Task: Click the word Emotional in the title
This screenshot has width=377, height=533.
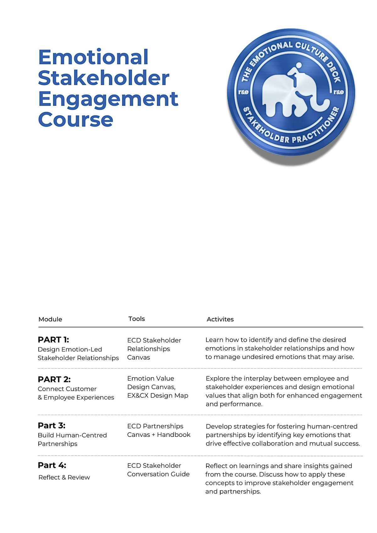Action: click(x=93, y=57)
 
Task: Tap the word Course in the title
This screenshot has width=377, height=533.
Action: click(x=75, y=119)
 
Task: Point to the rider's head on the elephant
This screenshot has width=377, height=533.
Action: click(x=298, y=65)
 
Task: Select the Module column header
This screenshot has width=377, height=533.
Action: click(x=50, y=319)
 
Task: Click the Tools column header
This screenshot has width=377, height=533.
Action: click(x=136, y=319)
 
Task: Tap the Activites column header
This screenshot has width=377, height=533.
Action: click(x=220, y=319)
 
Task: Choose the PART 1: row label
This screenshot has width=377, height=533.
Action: click(x=53, y=340)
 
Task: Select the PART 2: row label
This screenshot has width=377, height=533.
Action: click(x=54, y=379)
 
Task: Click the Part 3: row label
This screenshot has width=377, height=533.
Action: click(x=52, y=426)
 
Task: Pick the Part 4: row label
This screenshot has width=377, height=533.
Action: click(x=52, y=465)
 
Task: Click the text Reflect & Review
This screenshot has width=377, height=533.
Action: click(x=64, y=477)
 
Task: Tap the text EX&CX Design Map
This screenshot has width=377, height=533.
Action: click(x=157, y=396)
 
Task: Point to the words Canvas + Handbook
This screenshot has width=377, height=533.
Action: click(x=159, y=435)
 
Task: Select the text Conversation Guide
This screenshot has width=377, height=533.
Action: click(x=158, y=474)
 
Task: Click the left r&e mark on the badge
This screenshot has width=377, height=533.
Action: click(x=243, y=92)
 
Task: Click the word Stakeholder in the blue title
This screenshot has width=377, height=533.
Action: click(x=104, y=78)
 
